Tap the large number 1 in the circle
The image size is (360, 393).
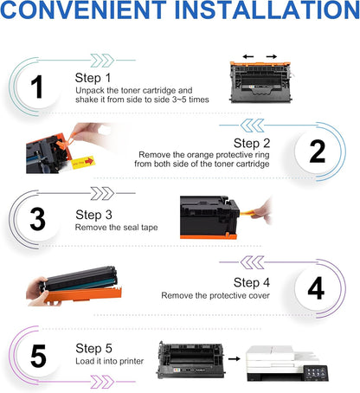pyautogui.click(x=36, y=87)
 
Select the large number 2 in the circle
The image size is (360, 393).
pyautogui.click(x=316, y=151)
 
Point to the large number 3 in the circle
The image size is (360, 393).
pyautogui.click(x=36, y=218)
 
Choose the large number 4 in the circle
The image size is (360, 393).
pyautogui.click(x=316, y=287)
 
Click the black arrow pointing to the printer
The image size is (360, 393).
pyautogui.click(x=231, y=357)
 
